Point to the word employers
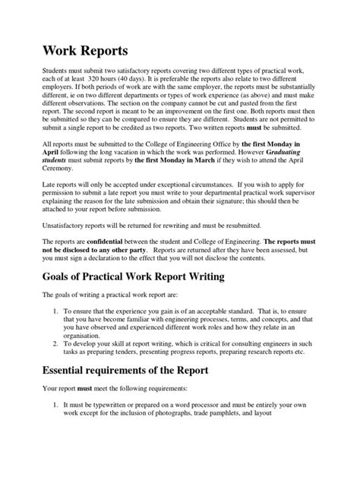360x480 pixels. [x=51, y=88]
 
